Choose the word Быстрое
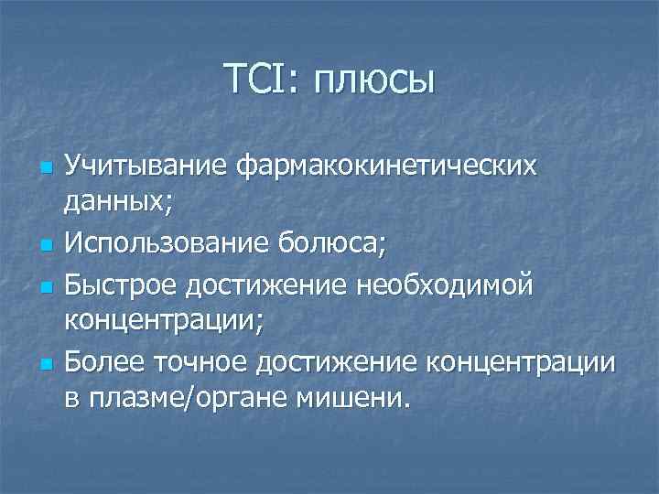pyautogui.click(x=123, y=285)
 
